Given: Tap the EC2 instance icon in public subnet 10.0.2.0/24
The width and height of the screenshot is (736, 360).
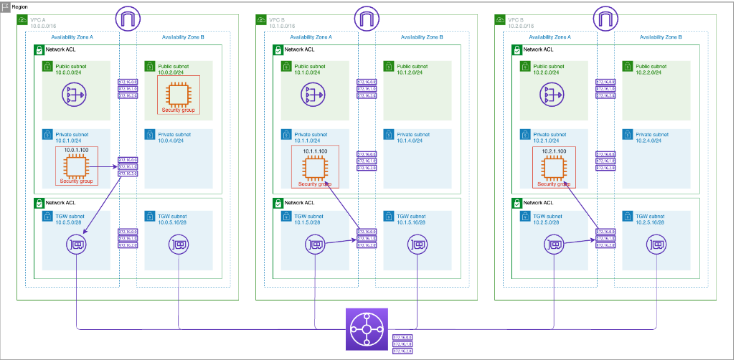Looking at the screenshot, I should [x=179, y=94].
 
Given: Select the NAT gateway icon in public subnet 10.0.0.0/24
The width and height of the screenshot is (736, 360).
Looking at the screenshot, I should [x=75, y=93].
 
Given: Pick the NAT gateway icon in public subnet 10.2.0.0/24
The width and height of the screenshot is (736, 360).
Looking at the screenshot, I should [x=552, y=93].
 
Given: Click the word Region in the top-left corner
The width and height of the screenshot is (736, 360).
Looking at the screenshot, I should [x=20, y=6].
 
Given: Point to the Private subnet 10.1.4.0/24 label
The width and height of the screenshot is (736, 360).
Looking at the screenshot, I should [x=414, y=138].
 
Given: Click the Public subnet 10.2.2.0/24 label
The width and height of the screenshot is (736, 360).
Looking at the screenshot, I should [x=653, y=69].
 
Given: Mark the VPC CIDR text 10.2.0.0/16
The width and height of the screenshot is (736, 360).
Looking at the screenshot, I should [x=523, y=25].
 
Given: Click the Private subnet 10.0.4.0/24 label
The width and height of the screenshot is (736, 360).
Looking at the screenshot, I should [x=175, y=138].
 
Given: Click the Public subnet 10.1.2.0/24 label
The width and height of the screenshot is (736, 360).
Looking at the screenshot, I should [x=414, y=69].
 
